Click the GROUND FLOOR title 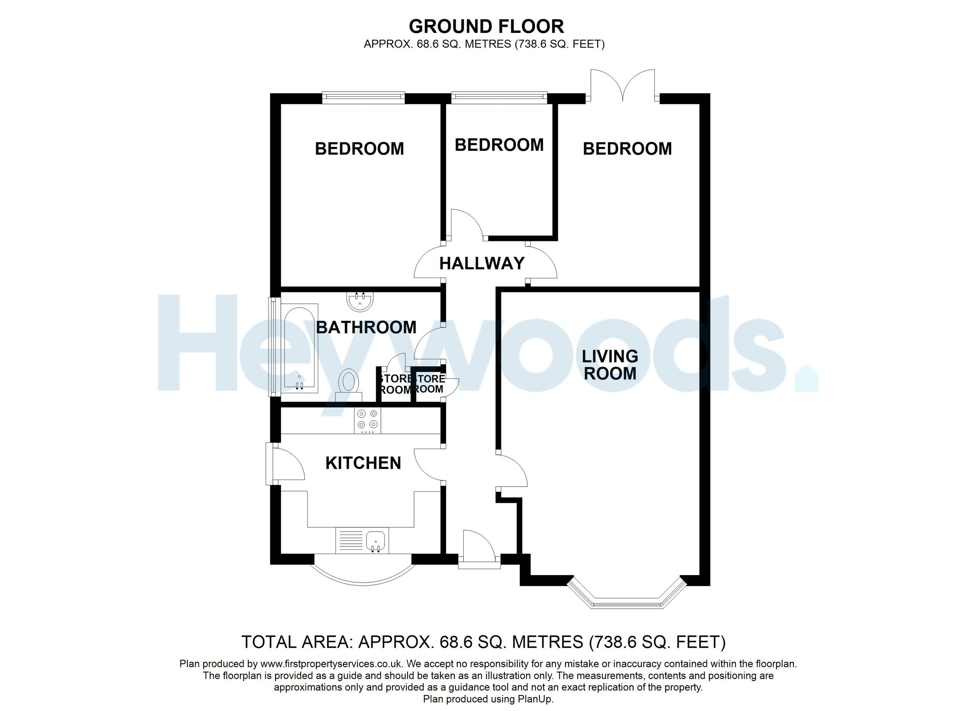tap(486, 27)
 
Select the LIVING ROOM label tap(609, 365)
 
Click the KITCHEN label tap(363, 463)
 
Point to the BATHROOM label tap(366, 328)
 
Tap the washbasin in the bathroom tap(360, 301)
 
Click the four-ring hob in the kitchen tap(368, 420)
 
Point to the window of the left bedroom tap(364, 98)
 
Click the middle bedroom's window tap(499, 98)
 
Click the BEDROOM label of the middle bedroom tap(499, 145)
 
